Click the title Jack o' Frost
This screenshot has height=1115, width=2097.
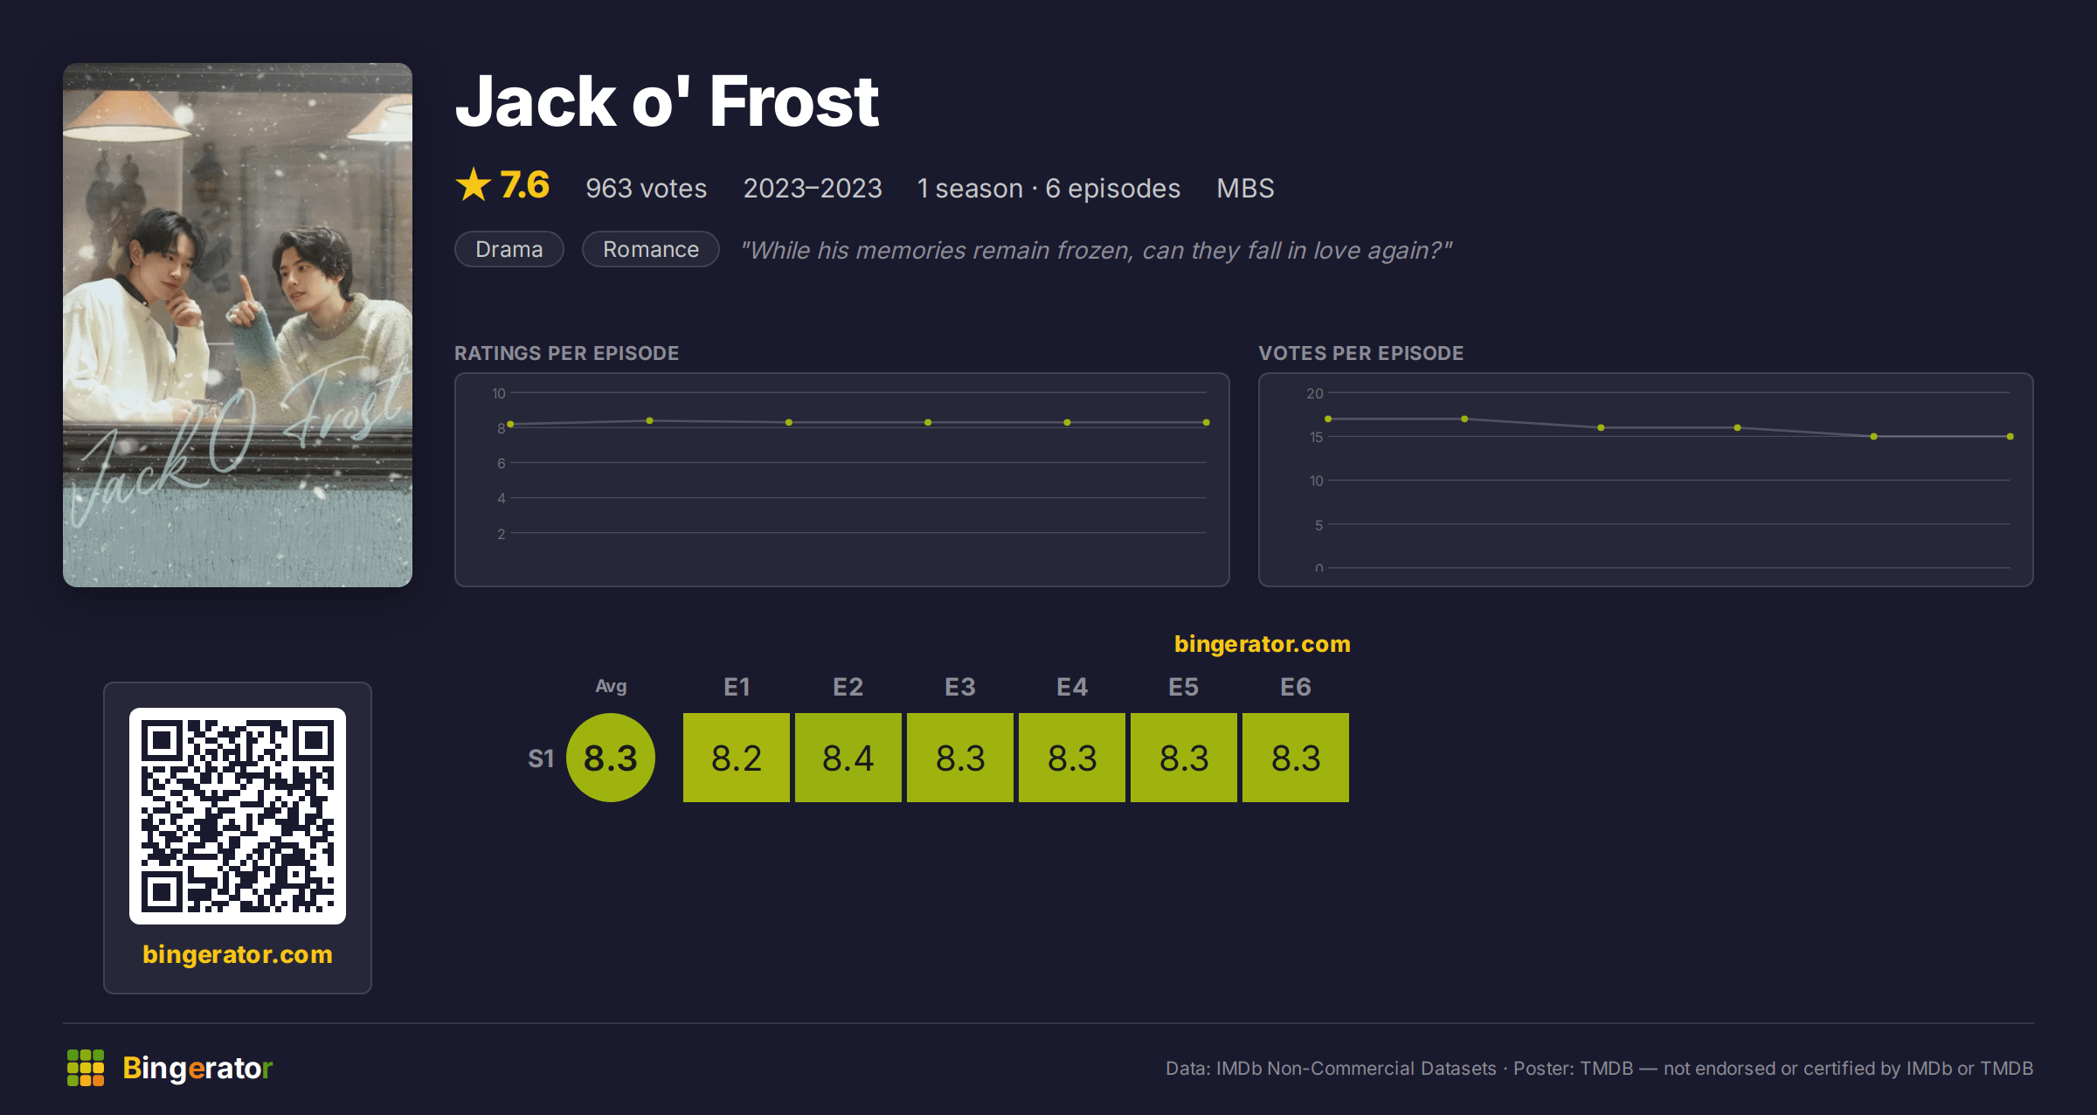[x=667, y=101]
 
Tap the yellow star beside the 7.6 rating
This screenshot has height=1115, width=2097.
[x=474, y=184]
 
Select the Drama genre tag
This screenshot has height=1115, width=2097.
[x=509, y=249]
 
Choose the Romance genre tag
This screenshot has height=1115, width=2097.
[x=650, y=249]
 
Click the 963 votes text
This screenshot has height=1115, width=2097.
[x=646, y=188]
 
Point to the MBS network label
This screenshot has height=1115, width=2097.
[x=1245, y=188]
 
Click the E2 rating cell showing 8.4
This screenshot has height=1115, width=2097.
[x=848, y=758]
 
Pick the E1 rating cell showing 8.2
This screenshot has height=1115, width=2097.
[x=736, y=758]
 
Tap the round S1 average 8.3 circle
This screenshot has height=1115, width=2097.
[x=611, y=758]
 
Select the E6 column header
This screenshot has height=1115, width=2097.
[x=1295, y=687]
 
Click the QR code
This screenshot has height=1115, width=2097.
[x=238, y=816]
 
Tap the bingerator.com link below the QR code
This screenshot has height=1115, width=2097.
[x=238, y=954]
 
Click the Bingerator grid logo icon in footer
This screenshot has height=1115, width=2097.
[x=86, y=1068]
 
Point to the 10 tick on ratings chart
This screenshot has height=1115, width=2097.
[x=498, y=393]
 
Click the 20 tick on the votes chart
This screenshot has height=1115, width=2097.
[x=1314, y=393]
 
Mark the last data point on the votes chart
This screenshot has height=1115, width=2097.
[x=2010, y=436]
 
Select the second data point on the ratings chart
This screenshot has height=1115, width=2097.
[x=649, y=420]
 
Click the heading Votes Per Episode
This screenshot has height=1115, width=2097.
[x=1360, y=353]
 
